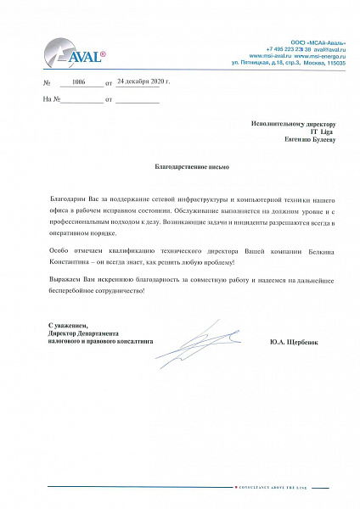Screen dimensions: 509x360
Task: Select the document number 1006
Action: click(79, 82)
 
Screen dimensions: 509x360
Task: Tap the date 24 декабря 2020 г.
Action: click(143, 81)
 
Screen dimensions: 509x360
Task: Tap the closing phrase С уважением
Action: click(67, 325)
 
